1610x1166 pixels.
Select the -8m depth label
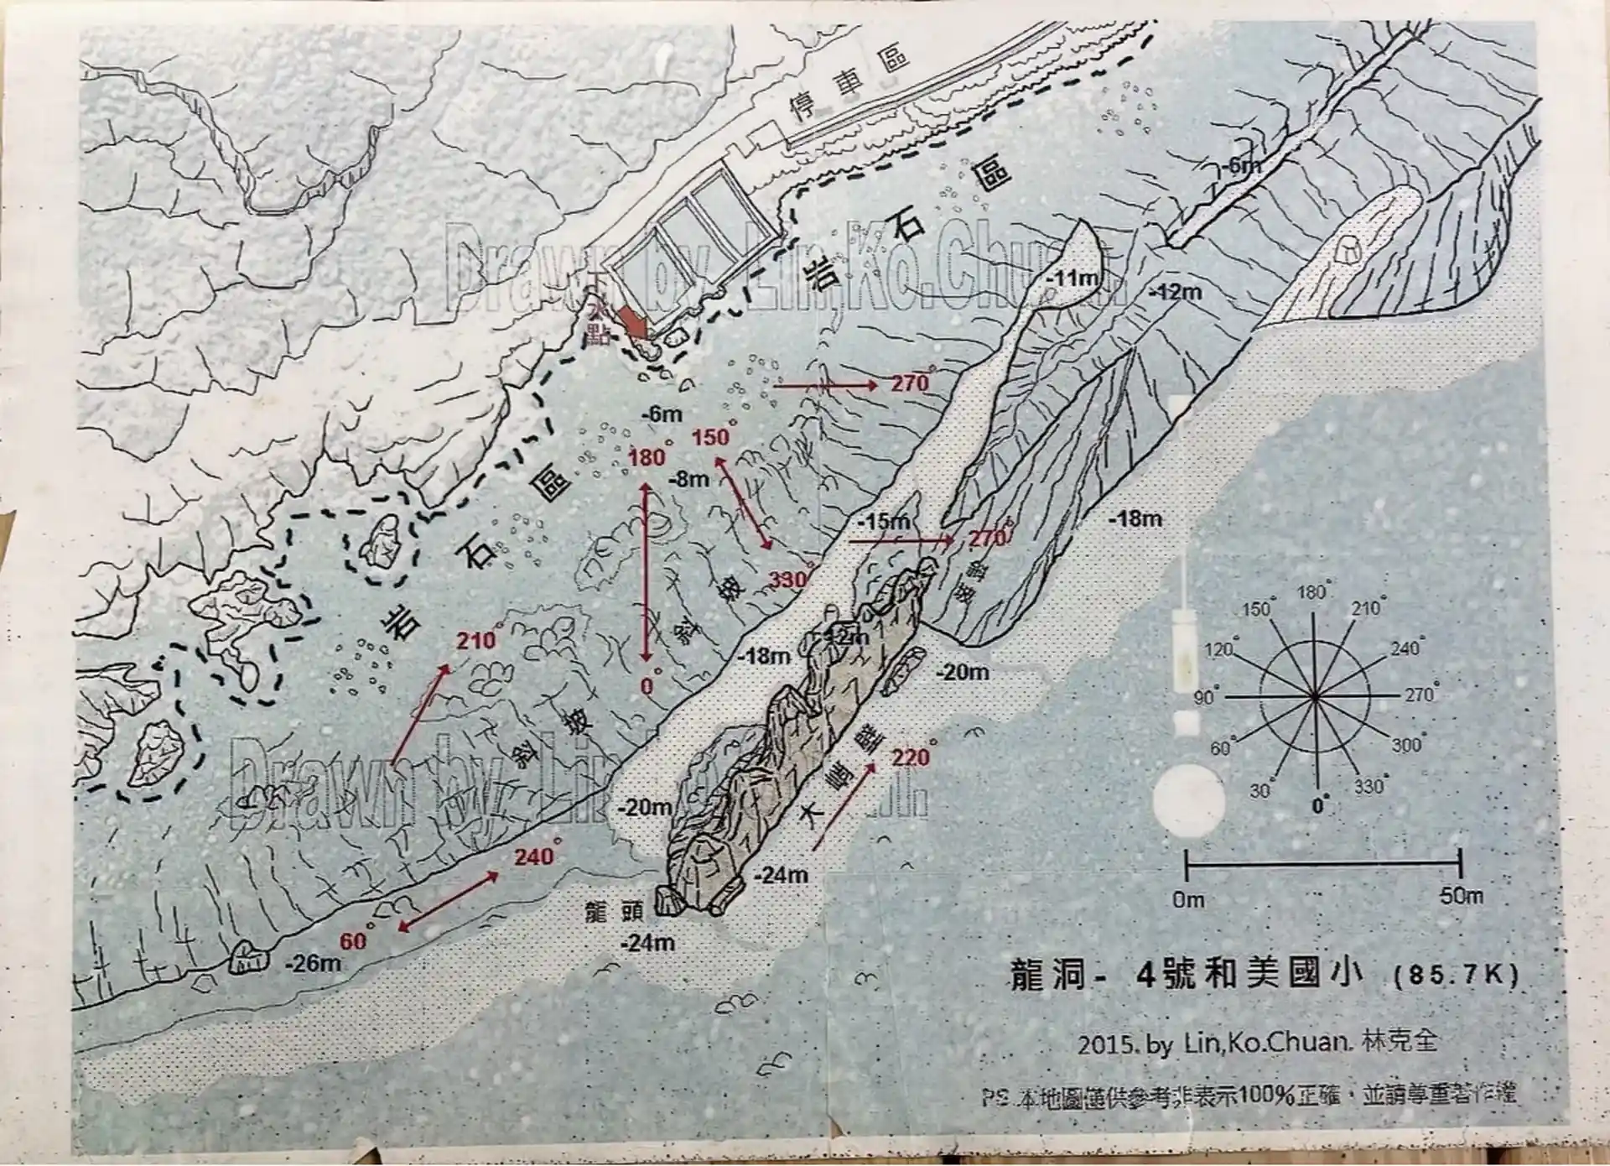pos(689,480)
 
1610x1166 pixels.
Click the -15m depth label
pos(888,522)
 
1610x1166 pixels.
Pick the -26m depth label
pos(314,962)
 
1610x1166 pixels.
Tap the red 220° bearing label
pos(911,757)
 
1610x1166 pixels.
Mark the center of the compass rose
pos(1315,696)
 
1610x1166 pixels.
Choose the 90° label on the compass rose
pos(1205,697)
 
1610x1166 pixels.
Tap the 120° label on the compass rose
pos(1220,648)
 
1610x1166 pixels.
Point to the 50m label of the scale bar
pos(1461,897)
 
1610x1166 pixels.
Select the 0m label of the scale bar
pos(1189,900)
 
